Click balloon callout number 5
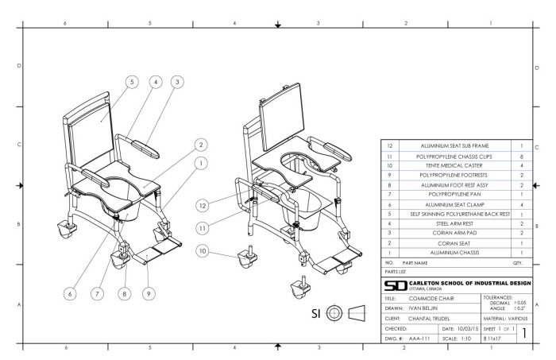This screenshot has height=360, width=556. (131, 81)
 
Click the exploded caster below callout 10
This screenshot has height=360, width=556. (245, 258)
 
